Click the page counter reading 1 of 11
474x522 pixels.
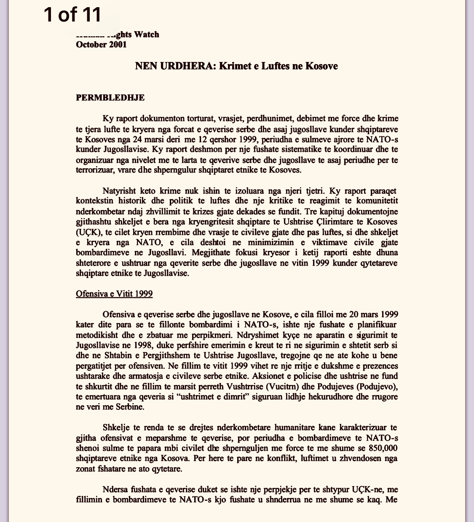72,14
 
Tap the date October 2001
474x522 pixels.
101,44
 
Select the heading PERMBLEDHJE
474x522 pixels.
110,98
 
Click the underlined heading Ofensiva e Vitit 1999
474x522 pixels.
114,293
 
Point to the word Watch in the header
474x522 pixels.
146,34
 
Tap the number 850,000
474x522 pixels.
383,448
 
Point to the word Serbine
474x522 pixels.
129,407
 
